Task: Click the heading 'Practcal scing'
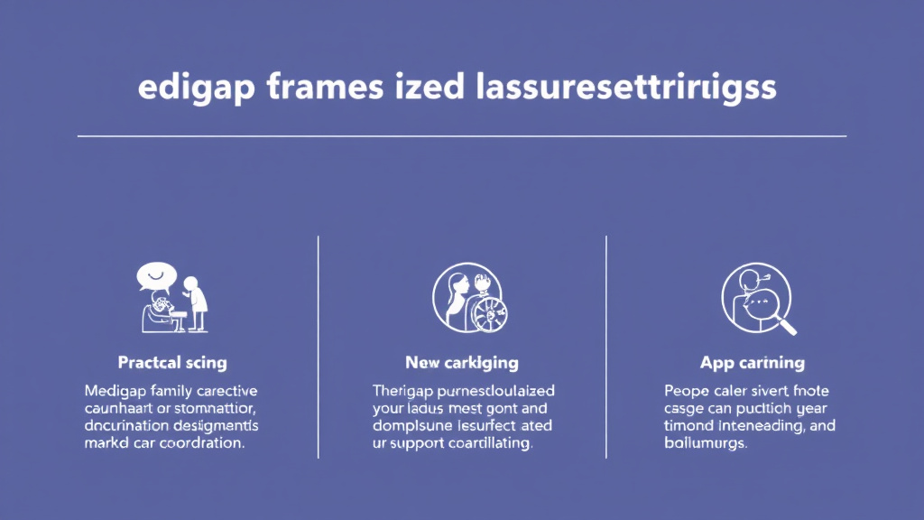[172, 363]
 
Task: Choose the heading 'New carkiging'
[462, 363]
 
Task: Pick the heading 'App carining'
[753, 363]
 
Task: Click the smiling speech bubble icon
[152, 274]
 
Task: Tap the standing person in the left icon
[195, 302]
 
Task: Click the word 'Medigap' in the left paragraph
[116, 391]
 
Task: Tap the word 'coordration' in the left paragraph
[204, 444]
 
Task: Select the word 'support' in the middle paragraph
[425, 444]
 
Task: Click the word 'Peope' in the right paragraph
[688, 391]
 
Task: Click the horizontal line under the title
[462, 136]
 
